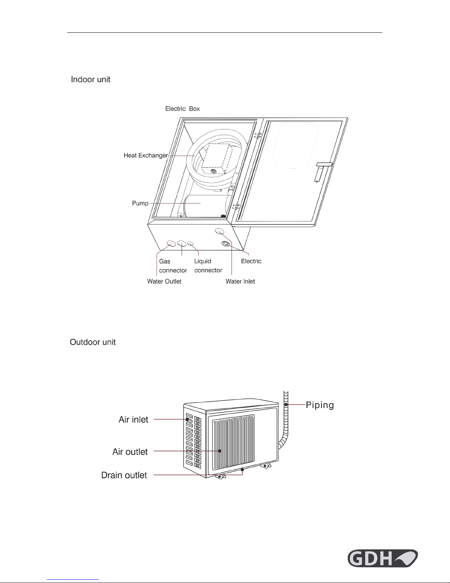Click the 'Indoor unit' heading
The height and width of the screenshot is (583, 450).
coord(90,79)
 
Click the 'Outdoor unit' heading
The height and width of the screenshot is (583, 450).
coord(93,342)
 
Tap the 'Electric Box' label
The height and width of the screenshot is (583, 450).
coord(183,109)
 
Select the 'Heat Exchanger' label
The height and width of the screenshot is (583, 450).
coord(146,155)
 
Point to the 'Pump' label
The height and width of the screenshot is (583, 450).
coord(140,203)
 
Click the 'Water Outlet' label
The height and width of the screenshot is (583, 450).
coord(164,281)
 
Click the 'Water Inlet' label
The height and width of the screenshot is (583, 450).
coord(240,281)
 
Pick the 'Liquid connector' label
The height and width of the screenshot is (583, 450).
coord(208,266)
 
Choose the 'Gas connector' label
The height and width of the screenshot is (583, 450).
coord(173,266)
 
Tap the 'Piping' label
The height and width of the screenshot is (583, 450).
coord(320,405)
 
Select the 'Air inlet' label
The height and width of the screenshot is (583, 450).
coord(133,419)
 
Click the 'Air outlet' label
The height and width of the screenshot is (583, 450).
coord(130,452)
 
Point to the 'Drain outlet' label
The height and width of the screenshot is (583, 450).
coord(124,475)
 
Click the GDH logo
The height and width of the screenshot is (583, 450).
coord(382,558)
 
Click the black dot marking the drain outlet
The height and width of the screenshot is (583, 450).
coord(242,469)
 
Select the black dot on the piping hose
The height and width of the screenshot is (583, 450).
coord(286,404)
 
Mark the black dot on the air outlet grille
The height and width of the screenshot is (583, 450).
coord(220,451)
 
